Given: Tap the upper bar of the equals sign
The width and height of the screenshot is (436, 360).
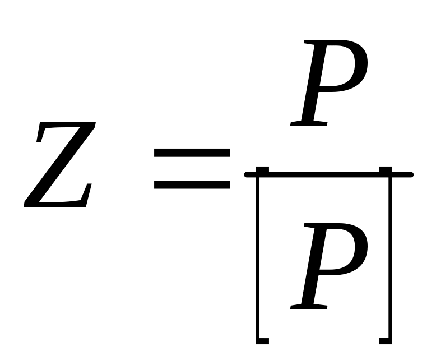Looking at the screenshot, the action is tap(192, 153).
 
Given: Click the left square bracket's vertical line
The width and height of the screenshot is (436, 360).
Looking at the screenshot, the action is tap(258, 258).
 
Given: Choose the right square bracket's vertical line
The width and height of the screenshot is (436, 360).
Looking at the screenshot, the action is tap(389, 258).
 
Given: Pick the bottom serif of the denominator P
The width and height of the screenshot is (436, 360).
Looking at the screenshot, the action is tap(309, 306).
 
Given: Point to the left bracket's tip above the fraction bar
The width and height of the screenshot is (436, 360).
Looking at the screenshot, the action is tap(262, 169).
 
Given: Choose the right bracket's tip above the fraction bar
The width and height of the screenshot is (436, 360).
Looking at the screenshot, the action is tap(385, 169).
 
